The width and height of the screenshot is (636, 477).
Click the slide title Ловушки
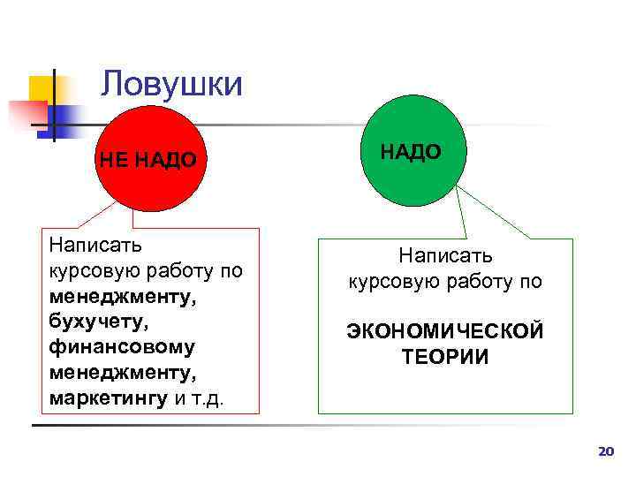click(170, 84)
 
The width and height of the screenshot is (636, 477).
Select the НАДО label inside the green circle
click(411, 151)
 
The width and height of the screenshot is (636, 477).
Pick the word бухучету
click(95, 321)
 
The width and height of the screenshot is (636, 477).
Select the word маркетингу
click(108, 397)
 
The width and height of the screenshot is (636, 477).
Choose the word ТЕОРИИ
click(445, 356)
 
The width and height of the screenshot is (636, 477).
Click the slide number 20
click(605, 451)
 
